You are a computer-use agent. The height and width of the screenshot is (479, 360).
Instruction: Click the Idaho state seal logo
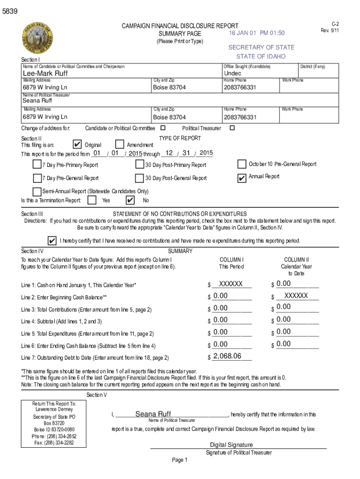point(36,39)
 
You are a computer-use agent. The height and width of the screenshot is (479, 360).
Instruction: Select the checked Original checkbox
point(79,145)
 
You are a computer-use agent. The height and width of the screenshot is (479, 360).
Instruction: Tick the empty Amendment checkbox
point(119,145)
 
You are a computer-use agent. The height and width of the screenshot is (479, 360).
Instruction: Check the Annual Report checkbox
point(242,177)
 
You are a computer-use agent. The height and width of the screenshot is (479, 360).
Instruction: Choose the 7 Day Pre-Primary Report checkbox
point(37,164)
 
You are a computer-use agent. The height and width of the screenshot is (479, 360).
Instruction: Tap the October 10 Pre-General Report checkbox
point(242,164)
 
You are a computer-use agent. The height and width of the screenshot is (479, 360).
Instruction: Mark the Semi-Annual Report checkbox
point(37,191)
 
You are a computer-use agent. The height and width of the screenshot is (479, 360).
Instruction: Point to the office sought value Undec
point(233,74)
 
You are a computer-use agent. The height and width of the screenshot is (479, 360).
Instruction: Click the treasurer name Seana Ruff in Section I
point(37,101)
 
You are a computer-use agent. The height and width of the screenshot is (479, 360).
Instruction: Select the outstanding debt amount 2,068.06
point(227,356)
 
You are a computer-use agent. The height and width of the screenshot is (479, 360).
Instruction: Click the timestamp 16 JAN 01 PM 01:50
point(257,33)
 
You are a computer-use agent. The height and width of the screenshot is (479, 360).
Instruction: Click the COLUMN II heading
point(296,260)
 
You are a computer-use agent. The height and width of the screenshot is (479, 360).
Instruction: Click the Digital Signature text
point(231,445)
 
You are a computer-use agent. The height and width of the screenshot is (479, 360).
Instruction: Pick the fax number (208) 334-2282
point(54,443)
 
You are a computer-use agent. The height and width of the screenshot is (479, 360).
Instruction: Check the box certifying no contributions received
point(52,240)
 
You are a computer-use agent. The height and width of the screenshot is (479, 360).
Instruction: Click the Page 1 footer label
point(180,460)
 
